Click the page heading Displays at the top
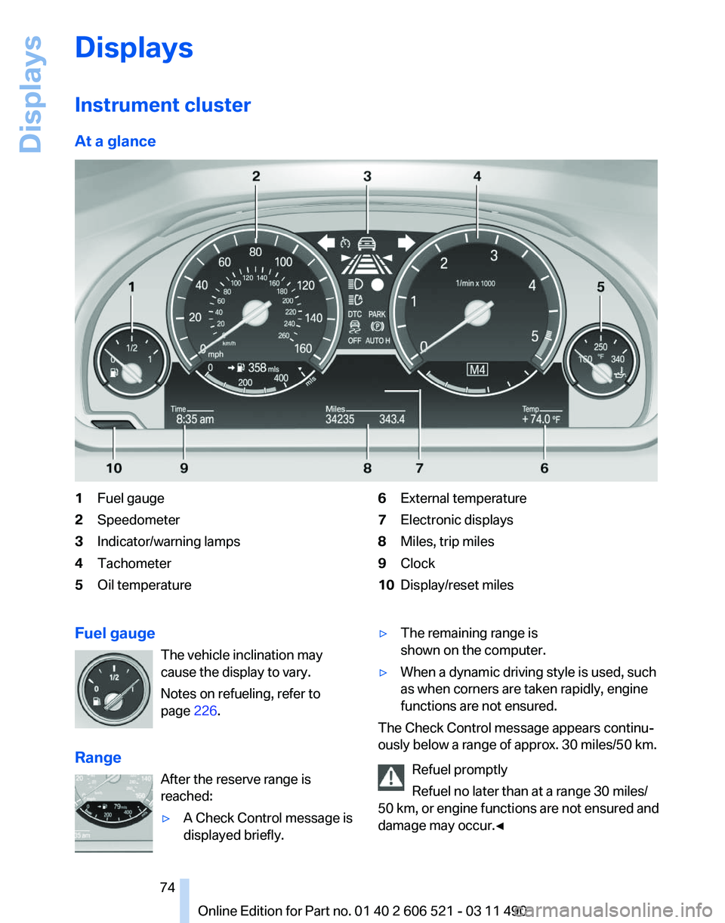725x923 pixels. (x=134, y=48)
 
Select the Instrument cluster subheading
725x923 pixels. (x=162, y=105)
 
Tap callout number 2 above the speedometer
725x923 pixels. (x=257, y=176)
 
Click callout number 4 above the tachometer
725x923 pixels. (x=477, y=176)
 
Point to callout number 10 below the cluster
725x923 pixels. (x=113, y=468)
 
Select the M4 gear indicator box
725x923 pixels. (x=477, y=370)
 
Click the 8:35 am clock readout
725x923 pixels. (x=196, y=418)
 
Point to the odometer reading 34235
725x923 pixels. (x=340, y=418)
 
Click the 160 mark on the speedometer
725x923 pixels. (x=302, y=349)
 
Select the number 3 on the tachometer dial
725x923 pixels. (x=493, y=256)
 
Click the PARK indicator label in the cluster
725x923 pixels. (x=377, y=313)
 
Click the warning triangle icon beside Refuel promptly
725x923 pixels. (x=391, y=776)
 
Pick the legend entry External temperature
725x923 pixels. (x=463, y=499)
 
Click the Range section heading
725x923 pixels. (x=98, y=758)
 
